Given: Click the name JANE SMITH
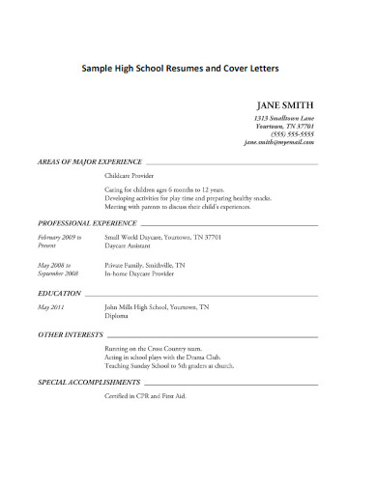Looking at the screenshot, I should [x=284, y=105].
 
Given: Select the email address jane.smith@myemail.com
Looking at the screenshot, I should [x=278, y=142].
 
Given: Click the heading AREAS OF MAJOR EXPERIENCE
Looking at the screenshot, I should [x=89, y=161].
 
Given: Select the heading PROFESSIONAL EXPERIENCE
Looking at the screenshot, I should [x=87, y=222].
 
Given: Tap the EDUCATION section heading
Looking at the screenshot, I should [x=59, y=291].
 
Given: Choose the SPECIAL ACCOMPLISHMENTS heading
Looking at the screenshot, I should [x=89, y=384].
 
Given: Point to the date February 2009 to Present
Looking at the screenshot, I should [x=59, y=241].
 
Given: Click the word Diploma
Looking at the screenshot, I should [x=118, y=315].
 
